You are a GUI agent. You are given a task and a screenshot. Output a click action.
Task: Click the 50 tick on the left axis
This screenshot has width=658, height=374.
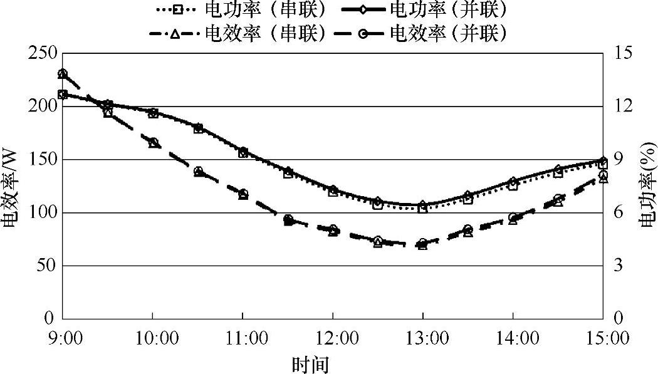coord(44,266)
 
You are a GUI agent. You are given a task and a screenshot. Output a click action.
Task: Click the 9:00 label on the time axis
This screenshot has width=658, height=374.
coord(62,338)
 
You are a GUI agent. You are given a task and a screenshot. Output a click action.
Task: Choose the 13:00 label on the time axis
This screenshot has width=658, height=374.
coord(422,338)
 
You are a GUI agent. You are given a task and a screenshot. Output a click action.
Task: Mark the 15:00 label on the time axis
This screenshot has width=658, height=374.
coord(602,338)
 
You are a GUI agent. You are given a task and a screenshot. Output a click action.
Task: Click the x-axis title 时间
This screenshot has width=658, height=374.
coord(311,364)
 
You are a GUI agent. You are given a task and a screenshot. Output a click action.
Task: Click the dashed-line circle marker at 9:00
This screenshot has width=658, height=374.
coord(62,74)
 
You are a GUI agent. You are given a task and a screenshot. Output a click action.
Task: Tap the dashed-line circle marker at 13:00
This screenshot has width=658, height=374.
coord(423,242)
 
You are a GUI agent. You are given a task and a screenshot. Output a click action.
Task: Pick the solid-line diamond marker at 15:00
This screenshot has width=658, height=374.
coord(603,161)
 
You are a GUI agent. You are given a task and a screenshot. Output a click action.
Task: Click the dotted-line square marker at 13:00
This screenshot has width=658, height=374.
coord(423,209)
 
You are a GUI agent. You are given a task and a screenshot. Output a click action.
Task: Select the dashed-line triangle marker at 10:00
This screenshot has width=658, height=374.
coord(153,143)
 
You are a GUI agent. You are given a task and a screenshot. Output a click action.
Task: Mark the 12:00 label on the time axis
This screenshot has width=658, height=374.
coord(332,338)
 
